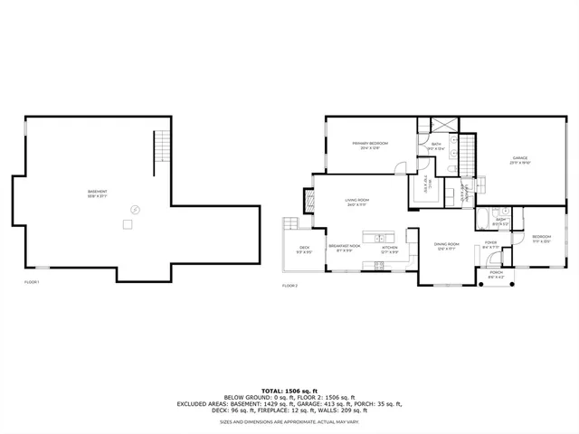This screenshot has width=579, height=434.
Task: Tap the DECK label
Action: (x=305, y=250)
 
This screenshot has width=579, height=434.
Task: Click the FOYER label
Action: (x=491, y=244)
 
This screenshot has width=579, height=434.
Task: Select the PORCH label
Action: (x=496, y=274)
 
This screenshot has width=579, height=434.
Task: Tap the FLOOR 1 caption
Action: (x=33, y=283)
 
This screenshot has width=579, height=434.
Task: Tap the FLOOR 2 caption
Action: (x=289, y=286)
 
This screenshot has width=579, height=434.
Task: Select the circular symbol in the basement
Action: (x=136, y=207)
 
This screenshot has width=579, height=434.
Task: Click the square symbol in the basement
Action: (x=129, y=222)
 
